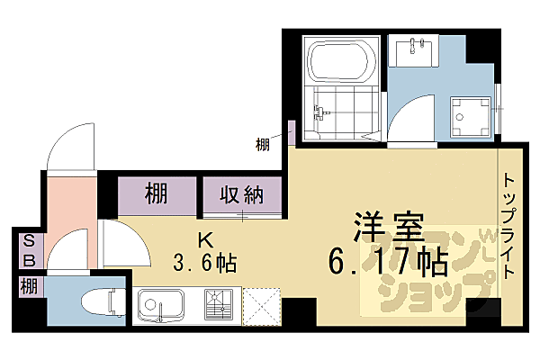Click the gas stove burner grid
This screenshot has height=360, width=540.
point(220,306)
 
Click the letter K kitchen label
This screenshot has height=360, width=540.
point(204,240)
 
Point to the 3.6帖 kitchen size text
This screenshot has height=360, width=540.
point(206,264)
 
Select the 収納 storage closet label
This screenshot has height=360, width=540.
point(239,193)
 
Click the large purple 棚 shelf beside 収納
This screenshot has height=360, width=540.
point(157,193)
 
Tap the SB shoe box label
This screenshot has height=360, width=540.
point(29,250)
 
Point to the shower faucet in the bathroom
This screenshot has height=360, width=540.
point(317,113)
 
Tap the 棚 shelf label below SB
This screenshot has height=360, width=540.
point(29,287)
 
